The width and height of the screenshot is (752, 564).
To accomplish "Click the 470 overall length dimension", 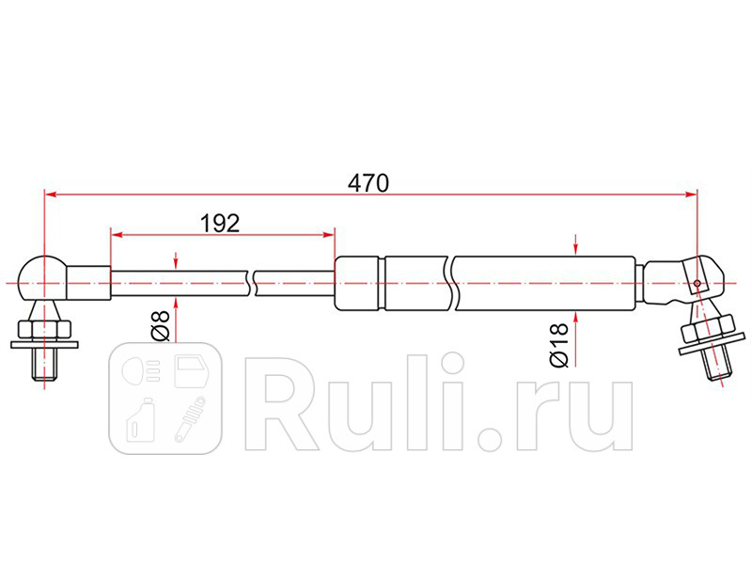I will click(369, 182).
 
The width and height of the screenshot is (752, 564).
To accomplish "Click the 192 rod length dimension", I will click(221, 223).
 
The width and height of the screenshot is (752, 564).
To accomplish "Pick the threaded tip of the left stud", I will click(43, 367).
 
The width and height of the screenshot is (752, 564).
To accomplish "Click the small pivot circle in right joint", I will click(697, 282).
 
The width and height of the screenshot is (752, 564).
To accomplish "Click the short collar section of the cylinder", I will click(357, 282).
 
